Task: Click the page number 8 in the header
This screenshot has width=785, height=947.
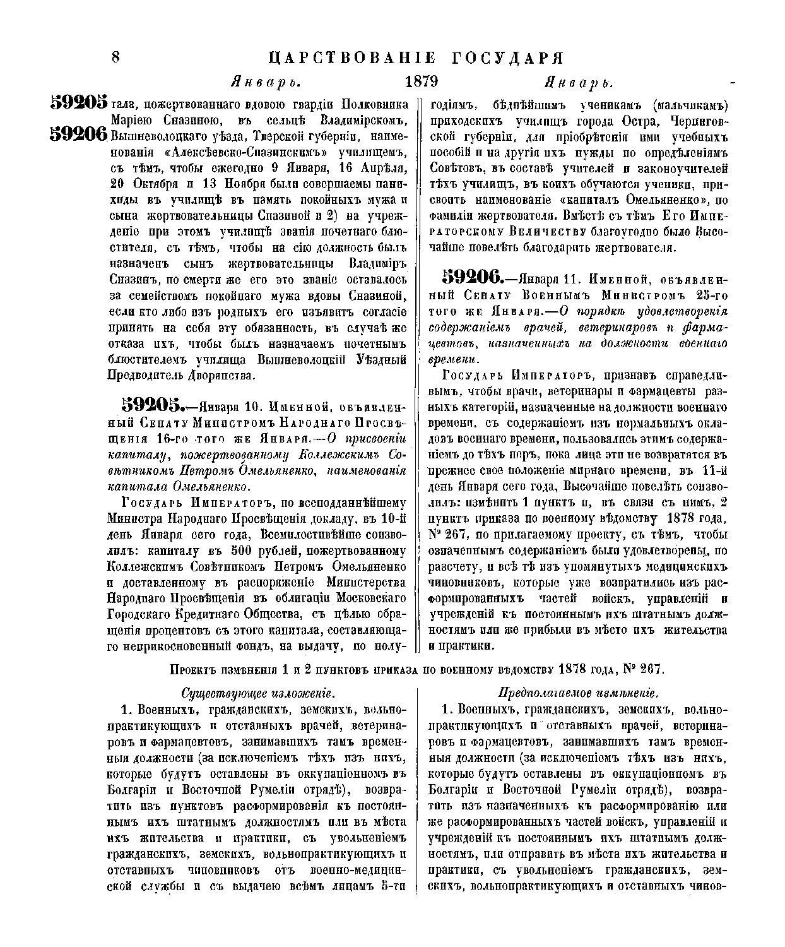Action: point(115,57)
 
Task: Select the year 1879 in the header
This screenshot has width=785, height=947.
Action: point(421,81)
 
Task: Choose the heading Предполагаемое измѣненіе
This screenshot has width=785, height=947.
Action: point(579,691)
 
